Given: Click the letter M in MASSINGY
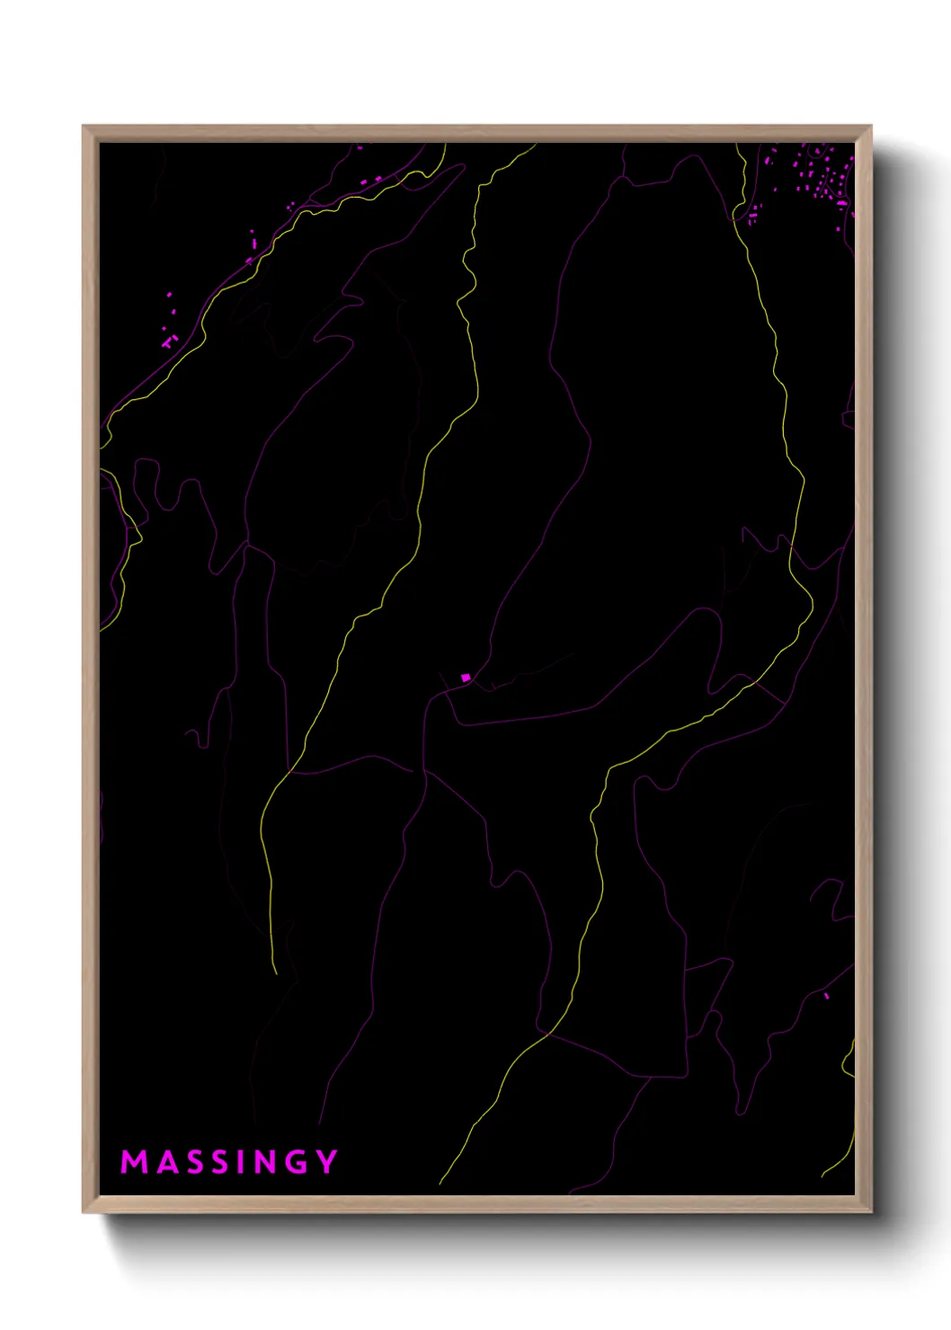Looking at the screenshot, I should [x=134, y=1162].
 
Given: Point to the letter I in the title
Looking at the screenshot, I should [x=239, y=1162].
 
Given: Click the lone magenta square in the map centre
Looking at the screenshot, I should [x=466, y=678].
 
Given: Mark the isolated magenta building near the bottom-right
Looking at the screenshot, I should [x=826, y=996].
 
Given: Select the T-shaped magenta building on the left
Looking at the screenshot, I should [x=167, y=341].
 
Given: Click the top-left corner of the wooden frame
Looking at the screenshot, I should [x=84, y=127].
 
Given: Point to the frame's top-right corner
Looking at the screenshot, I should [x=871, y=127].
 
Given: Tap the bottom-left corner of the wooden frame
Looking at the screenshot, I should [x=84, y=1212].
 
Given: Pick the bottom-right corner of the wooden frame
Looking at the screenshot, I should [x=871, y=1212].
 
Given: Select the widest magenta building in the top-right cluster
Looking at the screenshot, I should [x=841, y=204].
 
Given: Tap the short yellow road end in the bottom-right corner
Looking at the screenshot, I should [x=822, y=1175].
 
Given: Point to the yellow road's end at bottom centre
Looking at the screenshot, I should [x=440, y=1184].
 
